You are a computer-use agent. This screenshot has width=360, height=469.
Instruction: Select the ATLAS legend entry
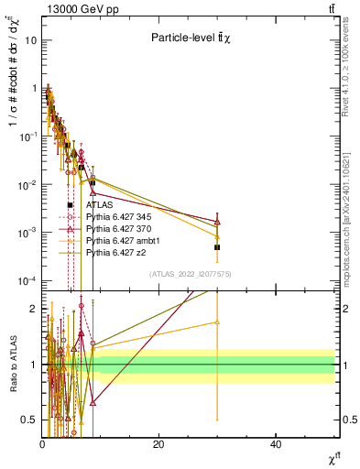pos(98,206)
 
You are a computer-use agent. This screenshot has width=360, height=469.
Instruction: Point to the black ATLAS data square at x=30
pos(217,247)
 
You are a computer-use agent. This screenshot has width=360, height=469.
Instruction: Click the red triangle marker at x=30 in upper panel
pos(217,222)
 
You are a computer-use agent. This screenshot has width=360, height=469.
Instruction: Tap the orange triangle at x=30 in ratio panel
pos(217,322)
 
